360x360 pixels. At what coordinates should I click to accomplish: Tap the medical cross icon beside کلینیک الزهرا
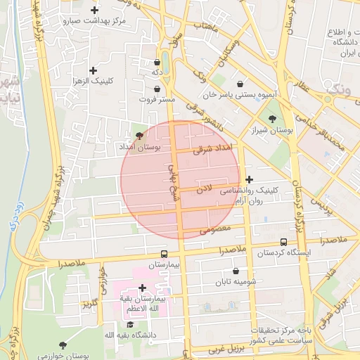pyautogui.click(x=94, y=70)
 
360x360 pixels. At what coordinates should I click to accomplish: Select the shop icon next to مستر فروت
pyautogui.click(x=156, y=89)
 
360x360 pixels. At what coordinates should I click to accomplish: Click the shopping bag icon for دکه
pyautogui.click(x=156, y=62)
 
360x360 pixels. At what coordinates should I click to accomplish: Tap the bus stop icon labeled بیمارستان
pyautogui.click(x=164, y=255)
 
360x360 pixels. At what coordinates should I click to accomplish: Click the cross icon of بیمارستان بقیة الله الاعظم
pyautogui.click(x=143, y=288)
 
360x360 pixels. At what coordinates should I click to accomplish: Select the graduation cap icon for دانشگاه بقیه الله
pyautogui.click(x=130, y=324)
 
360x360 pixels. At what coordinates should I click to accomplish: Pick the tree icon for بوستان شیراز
pyautogui.click(x=272, y=118)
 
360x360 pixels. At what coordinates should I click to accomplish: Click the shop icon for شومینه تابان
pyautogui.click(x=235, y=271)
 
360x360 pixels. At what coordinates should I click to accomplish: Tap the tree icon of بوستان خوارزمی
pyautogui.click(x=63, y=345)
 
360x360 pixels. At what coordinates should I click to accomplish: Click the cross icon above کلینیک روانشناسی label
pyautogui.click(x=249, y=180)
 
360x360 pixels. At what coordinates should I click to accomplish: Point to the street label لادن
pyautogui.click(x=204, y=188)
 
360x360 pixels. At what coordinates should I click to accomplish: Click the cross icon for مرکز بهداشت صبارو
pyautogui.click(x=94, y=9)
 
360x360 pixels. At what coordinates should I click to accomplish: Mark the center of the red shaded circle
pyautogui.click(x=181, y=180)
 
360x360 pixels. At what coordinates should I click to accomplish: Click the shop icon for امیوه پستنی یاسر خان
pyautogui.click(x=241, y=82)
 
